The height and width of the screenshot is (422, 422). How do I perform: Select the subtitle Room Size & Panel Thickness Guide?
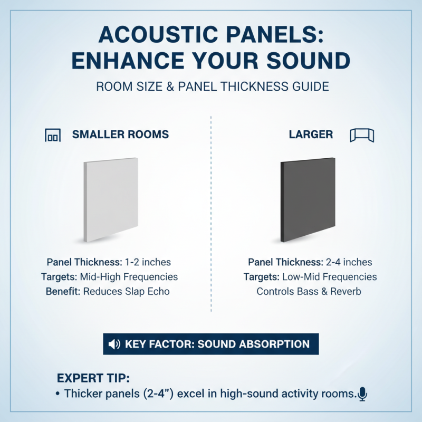point(213,86)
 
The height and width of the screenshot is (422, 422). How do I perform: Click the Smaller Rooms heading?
point(120,135)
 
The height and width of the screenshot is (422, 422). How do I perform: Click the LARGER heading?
point(311,135)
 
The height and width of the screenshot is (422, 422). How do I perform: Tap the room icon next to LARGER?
point(361,135)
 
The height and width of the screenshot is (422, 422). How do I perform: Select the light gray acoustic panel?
point(111,199)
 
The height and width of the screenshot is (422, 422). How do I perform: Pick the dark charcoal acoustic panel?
point(308,199)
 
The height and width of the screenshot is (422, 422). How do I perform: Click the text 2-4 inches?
point(349,262)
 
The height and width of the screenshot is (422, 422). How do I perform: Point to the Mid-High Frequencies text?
point(129,277)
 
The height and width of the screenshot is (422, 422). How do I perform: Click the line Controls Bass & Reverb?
point(309,291)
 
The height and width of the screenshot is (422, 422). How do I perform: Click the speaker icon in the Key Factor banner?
point(114,344)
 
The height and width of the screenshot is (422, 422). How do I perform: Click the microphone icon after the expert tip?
point(362,393)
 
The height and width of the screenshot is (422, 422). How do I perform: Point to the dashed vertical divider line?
point(211,211)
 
